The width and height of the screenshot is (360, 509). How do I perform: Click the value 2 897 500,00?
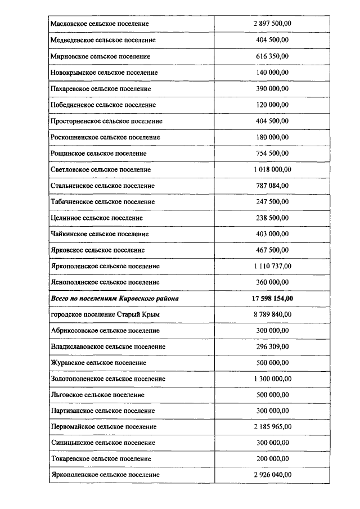272,24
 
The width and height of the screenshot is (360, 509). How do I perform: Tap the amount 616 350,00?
272,57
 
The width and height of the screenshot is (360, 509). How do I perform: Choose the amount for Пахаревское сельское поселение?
272,89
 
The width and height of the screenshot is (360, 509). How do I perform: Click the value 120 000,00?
272,105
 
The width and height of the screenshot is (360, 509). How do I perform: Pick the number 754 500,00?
272,154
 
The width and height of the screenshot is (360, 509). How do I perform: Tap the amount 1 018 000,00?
272,169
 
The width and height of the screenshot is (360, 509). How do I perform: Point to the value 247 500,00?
272,201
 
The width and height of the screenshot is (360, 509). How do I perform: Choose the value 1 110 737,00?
272,266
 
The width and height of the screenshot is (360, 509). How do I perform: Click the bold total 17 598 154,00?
272,299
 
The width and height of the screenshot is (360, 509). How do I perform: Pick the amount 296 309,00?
272,346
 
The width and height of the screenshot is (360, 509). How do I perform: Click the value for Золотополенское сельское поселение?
272,379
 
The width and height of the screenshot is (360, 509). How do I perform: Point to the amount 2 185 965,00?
272,427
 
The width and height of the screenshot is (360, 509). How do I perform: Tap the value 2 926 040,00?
272,475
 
